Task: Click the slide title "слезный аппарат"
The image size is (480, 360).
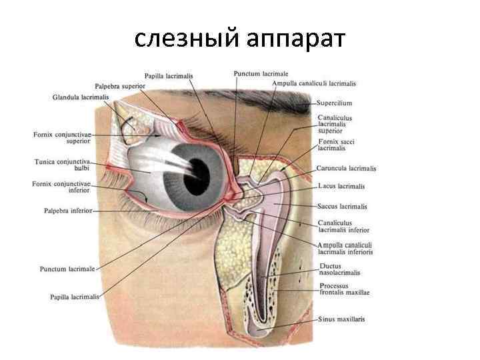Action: [240, 39]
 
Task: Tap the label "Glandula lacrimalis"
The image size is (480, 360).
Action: [80, 97]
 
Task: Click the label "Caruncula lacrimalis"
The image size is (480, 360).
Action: [347, 169]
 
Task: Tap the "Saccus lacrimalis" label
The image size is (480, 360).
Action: [343, 207]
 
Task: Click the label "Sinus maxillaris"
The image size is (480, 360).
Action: [341, 319]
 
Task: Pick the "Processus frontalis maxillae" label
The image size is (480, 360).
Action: [343, 289]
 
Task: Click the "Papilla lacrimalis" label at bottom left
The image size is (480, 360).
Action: [75, 297]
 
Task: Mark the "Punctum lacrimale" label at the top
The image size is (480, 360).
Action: [261, 73]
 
